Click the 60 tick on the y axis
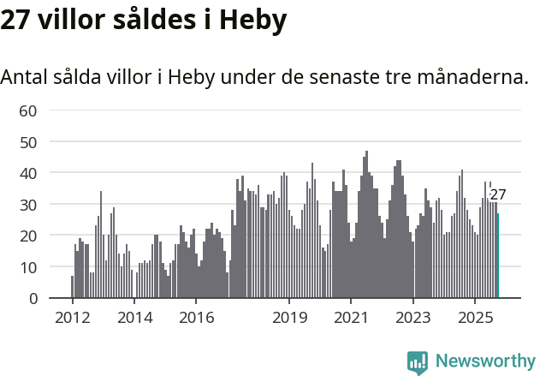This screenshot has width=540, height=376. click(x=28, y=110)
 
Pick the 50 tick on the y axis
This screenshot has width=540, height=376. click(x=28, y=141)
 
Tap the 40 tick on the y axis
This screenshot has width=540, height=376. click(x=28, y=173)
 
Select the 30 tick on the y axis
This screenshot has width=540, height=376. click(x=28, y=205)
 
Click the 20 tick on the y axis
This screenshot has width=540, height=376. click(x=28, y=236)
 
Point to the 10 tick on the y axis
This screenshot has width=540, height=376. click(x=28, y=267)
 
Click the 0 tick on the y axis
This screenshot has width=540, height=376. click(x=33, y=299)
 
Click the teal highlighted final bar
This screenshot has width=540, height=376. click(x=498, y=256)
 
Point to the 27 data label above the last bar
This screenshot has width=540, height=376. click(x=498, y=195)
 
